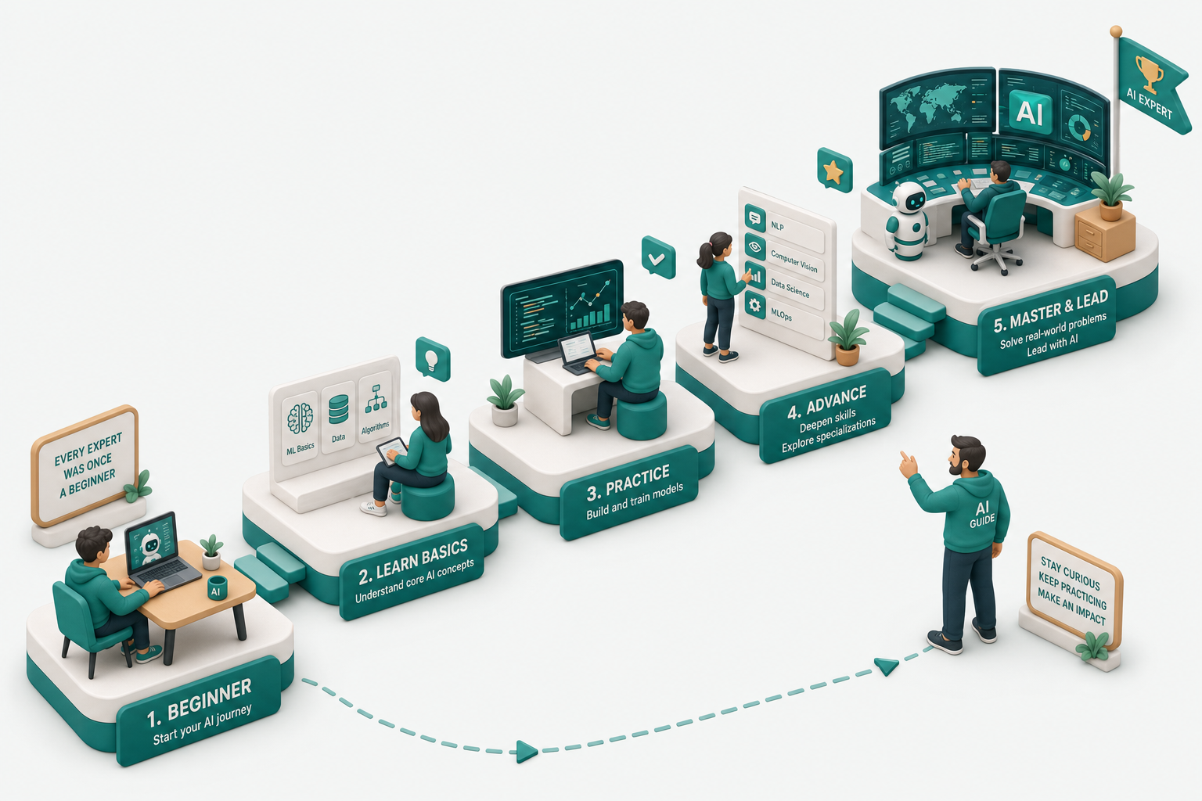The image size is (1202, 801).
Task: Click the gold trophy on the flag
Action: coord(1150,74)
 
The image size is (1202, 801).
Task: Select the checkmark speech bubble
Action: coord(658,258)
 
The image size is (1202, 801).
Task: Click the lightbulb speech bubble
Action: coord(433,358)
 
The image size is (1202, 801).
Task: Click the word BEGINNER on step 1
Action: coord(209,699)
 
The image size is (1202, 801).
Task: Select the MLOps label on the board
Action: coord(781,314)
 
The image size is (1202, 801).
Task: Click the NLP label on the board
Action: coord(777,225)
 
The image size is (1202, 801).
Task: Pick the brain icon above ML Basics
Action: coord(300,418)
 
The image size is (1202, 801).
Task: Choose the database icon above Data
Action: coord(339,409)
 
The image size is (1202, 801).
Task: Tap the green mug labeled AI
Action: coord(218,587)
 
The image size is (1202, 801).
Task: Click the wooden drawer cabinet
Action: coord(1105,234)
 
